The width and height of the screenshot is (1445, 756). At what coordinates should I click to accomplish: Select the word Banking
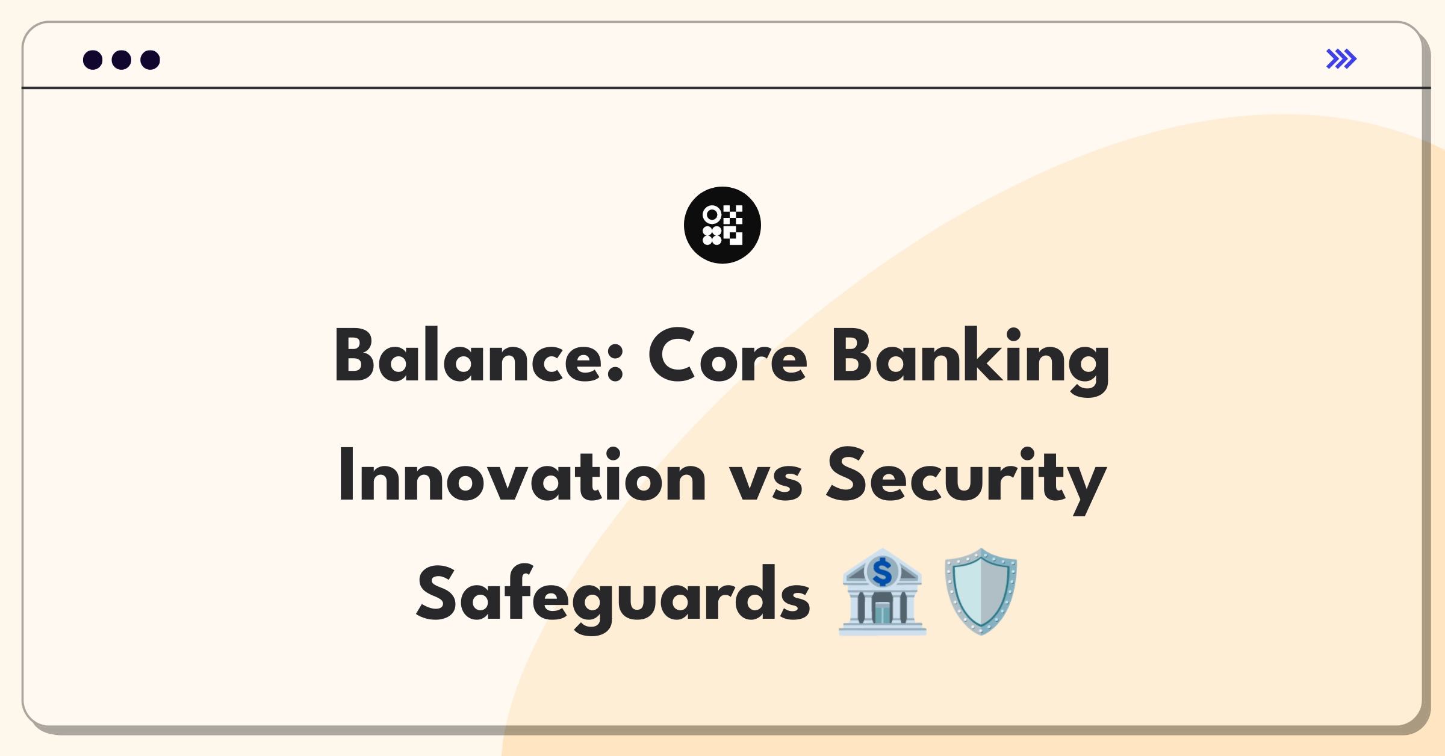[x=971, y=360]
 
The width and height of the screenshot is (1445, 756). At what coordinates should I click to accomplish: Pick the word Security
[x=966, y=480]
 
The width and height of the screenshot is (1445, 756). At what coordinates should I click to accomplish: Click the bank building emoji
[x=882, y=592]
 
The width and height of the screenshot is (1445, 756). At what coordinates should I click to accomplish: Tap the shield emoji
[x=981, y=592]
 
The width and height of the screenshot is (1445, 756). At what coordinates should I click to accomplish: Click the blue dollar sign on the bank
[x=882, y=572]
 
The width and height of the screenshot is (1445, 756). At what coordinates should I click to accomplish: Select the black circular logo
[x=722, y=225]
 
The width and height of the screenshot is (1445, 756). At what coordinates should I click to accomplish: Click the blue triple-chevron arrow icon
[x=1341, y=59]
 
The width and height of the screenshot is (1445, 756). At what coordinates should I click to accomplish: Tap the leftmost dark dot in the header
[x=93, y=60]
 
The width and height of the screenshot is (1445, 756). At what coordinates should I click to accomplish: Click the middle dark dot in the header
[x=122, y=60]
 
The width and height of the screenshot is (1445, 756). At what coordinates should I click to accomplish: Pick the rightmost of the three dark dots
[x=150, y=60]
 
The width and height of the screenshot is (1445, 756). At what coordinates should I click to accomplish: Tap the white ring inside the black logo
[x=712, y=214]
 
